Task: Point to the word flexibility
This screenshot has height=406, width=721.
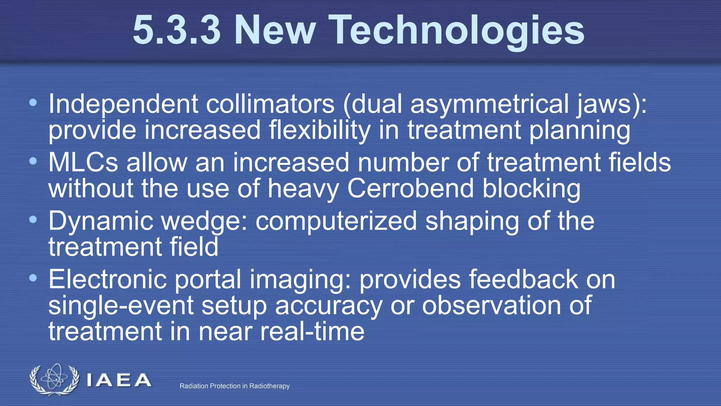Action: click(x=320, y=130)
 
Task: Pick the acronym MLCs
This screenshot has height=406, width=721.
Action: click(x=83, y=163)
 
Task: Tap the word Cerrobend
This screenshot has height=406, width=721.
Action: click(x=410, y=189)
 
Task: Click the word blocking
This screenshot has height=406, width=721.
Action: click(x=532, y=189)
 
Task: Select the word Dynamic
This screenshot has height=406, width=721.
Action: click(x=101, y=221)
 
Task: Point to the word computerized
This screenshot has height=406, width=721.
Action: click(x=336, y=221)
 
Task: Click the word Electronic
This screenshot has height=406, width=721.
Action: click(x=107, y=279)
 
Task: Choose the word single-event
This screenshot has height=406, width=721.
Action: click(x=121, y=306)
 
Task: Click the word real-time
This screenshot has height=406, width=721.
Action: click(x=312, y=332)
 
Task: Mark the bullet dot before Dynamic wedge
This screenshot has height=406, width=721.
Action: click(x=33, y=220)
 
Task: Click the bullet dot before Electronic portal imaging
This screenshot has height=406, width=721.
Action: click(x=33, y=278)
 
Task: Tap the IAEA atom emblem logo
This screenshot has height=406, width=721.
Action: click(x=54, y=379)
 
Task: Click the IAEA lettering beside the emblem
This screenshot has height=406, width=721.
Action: click(x=119, y=381)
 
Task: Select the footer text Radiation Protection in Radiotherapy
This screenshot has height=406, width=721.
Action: click(x=234, y=386)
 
